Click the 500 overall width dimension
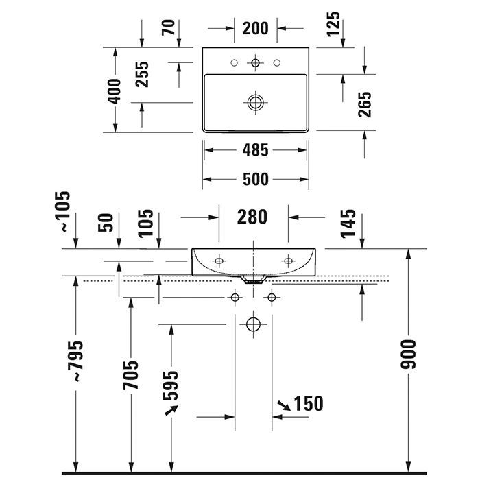(255, 180)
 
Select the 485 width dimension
(255, 149)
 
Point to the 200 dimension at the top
(255, 28)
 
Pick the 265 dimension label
(365, 104)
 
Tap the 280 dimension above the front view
(252, 217)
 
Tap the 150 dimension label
(309, 403)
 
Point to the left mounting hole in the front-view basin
(219, 261)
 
